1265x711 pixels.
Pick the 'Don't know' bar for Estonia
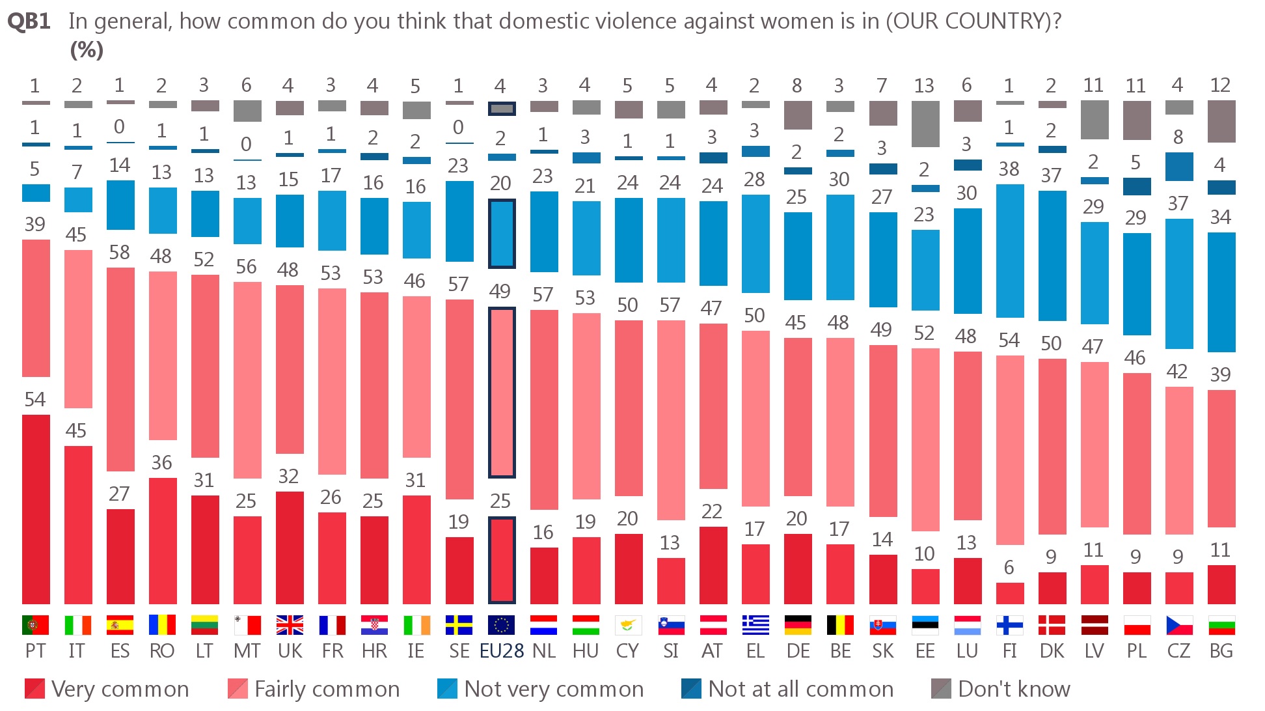[x=925, y=124]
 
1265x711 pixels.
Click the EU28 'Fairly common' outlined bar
[x=502, y=393]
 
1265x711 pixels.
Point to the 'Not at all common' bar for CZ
[x=1179, y=167]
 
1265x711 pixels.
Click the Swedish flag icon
[x=459, y=625]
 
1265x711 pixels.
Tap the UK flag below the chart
[x=290, y=625]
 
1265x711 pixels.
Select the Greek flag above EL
[x=755, y=625]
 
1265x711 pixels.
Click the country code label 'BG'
[x=1221, y=651]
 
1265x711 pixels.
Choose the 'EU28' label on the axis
[x=502, y=651]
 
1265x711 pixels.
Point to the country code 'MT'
[x=247, y=651]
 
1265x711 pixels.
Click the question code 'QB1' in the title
[x=29, y=21]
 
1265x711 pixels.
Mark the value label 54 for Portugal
[x=35, y=399]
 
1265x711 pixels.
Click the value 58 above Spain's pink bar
[x=120, y=253]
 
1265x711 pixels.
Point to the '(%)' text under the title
[x=87, y=50]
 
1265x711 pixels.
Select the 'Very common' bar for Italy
[x=78, y=525]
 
